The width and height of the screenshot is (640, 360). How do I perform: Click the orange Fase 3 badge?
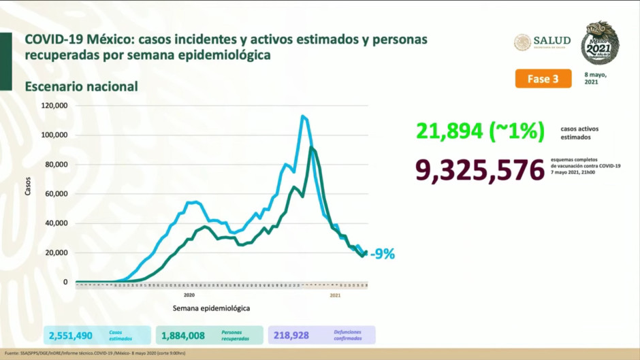[x=543, y=79]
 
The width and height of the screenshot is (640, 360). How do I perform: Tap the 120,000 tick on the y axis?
[x=54, y=106]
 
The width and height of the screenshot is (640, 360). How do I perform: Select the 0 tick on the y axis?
[x=65, y=282]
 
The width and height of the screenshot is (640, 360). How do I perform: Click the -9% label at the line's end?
[x=382, y=255]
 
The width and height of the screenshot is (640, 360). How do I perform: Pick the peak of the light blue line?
[x=302, y=116]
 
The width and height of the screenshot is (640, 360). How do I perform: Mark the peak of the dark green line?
[x=311, y=148]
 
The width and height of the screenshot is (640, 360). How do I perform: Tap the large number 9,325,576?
[x=472, y=170]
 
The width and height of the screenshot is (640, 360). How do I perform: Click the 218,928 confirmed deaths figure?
[x=291, y=335]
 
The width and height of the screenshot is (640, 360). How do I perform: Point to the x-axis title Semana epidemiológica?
[x=210, y=308]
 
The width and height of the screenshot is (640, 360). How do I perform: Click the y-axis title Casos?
[x=28, y=188]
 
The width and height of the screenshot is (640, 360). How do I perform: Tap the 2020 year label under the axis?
[x=189, y=295]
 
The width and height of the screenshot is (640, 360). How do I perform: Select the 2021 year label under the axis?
[x=335, y=295]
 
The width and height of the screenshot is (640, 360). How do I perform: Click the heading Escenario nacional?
[x=82, y=86]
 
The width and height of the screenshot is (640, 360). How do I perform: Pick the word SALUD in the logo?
[x=552, y=40]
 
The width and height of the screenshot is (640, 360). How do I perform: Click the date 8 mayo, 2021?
[x=595, y=78]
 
